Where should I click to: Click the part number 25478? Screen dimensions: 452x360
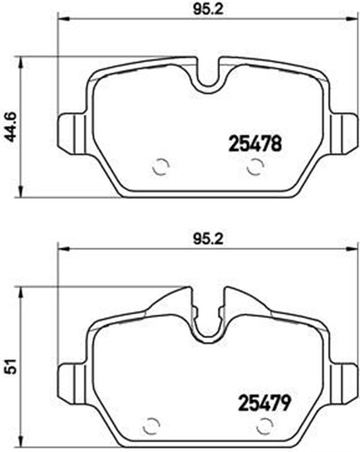tap(255, 144)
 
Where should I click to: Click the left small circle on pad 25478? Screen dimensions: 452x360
tap(161, 167)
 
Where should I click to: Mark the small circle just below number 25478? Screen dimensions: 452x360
tap(256, 167)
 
